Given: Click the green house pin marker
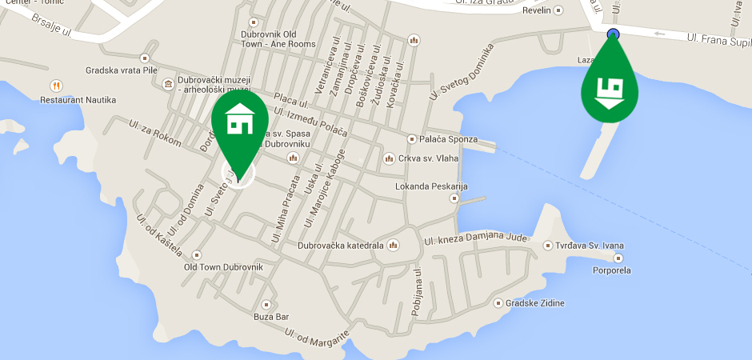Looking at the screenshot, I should (238, 122).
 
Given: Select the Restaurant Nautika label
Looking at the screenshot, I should (78, 100).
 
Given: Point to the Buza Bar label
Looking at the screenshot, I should (270, 317).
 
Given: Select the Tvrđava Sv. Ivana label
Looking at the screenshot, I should (594, 246).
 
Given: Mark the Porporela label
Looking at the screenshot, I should (611, 270).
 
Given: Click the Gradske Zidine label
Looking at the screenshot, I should (535, 303).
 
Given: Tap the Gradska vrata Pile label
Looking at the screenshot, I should (120, 70).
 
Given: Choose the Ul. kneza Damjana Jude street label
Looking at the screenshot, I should (476, 238).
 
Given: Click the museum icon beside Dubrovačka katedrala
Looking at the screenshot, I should (392, 246).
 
